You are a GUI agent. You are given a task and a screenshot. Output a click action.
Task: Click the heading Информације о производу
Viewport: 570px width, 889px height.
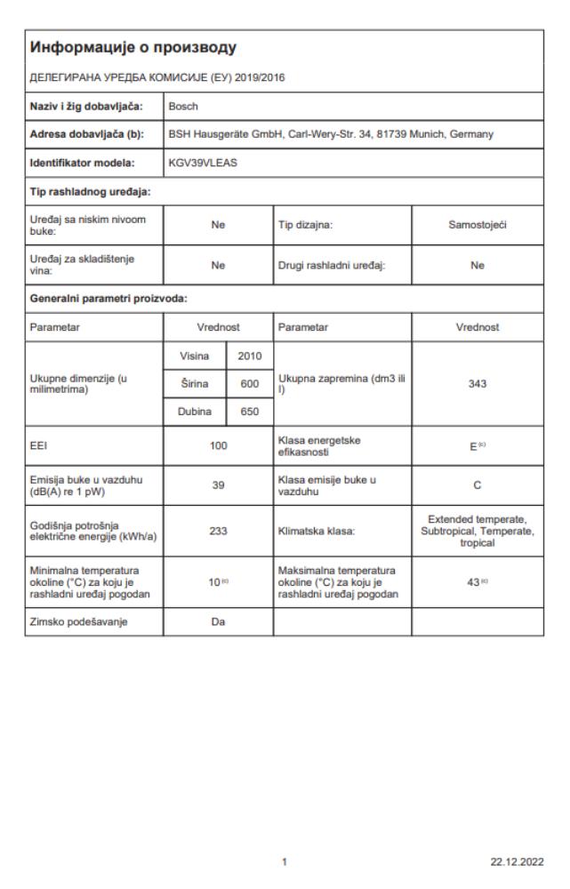pos(134,45)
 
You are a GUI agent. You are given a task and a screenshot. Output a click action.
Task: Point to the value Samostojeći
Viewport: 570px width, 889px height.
pos(477,227)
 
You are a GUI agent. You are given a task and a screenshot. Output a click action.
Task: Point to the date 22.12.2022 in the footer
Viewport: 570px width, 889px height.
pos(519,861)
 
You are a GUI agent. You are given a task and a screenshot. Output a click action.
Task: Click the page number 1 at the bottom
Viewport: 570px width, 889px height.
pos(285,861)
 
